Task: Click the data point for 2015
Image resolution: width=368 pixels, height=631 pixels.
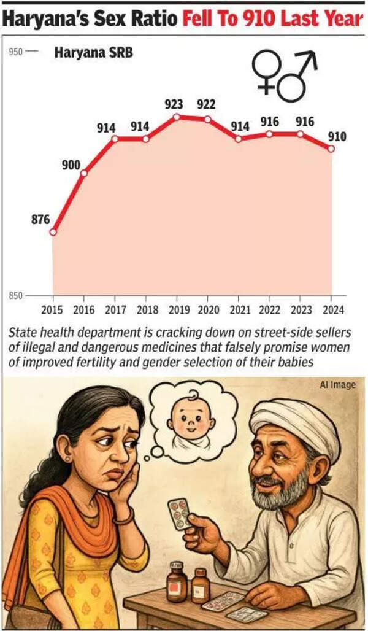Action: point(53,232)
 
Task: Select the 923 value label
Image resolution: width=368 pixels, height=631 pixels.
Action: point(174,105)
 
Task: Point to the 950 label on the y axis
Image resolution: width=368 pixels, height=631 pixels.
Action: point(16,52)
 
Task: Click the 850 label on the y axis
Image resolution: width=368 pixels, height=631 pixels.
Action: point(16,296)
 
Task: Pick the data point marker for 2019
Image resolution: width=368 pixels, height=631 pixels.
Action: point(177,116)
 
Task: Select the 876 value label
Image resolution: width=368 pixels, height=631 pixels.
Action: point(40,219)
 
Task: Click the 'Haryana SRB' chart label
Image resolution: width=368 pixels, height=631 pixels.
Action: point(94,53)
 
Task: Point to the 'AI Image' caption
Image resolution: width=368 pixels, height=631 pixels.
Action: point(337,385)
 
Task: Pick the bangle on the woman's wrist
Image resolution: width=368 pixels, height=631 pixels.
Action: point(123,516)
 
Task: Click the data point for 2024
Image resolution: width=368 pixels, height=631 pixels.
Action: point(332,149)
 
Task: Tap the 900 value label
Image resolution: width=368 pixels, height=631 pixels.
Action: point(72,166)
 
